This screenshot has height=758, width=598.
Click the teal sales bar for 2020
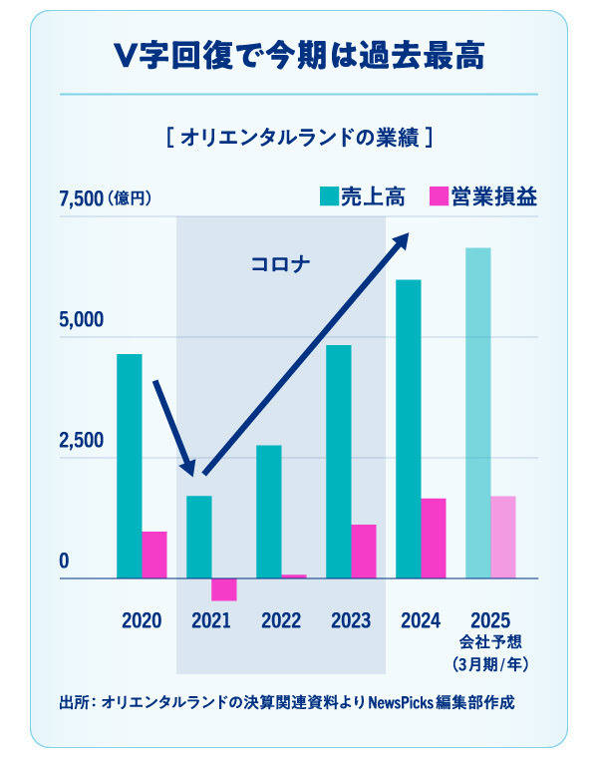(x=129, y=466)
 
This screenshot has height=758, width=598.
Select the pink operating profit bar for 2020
(x=154, y=555)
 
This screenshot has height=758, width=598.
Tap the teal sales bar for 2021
(x=199, y=537)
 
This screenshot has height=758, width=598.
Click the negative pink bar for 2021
(x=224, y=589)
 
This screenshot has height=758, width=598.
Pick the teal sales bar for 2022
(x=269, y=511)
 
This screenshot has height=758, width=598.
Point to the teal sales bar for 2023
(x=339, y=461)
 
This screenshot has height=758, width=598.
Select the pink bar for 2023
(x=364, y=551)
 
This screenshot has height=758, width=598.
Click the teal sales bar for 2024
(x=409, y=429)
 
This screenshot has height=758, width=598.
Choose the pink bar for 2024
(x=434, y=538)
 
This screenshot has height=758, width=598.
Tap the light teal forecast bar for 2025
(x=478, y=413)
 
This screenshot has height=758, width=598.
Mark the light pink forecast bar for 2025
(x=503, y=537)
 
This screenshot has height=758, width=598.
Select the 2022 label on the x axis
(x=281, y=620)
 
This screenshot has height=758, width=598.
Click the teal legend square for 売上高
(x=329, y=196)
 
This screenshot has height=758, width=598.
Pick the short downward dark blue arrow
(x=171, y=425)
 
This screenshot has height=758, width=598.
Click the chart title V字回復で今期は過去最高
(x=298, y=57)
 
